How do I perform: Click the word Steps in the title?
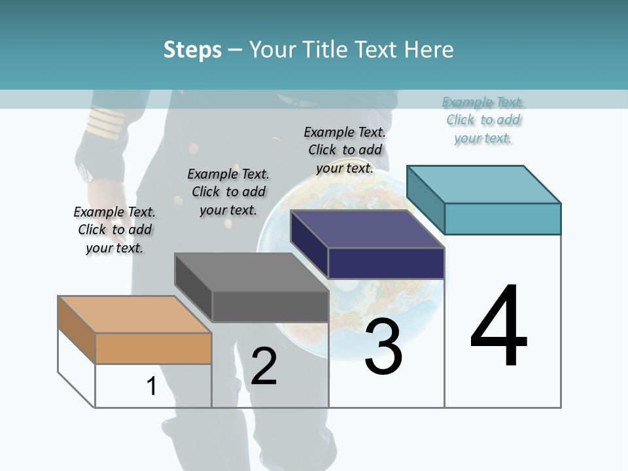pyautogui.click(x=192, y=50)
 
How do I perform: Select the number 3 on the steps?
pyautogui.click(x=383, y=346)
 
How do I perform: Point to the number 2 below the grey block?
pyautogui.click(x=264, y=366)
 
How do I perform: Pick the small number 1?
pyautogui.click(x=152, y=386)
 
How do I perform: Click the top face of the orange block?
pyautogui.click(x=134, y=314)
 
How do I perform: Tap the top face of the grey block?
pyautogui.click(x=251, y=271)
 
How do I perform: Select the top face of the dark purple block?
pyautogui.click(x=367, y=229)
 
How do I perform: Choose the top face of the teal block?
pyautogui.click(x=483, y=184)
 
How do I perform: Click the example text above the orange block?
pyautogui.click(x=114, y=230)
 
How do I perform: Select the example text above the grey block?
pyautogui.click(x=228, y=192)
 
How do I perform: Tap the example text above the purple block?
pyautogui.click(x=345, y=150)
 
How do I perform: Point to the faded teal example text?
pyautogui.click(x=483, y=120)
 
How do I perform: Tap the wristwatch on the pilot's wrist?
pyautogui.click(x=86, y=172)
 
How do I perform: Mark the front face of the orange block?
pyautogui.click(x=153, y=348)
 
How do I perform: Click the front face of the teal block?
pyautogui.click(x=502, y=218)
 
